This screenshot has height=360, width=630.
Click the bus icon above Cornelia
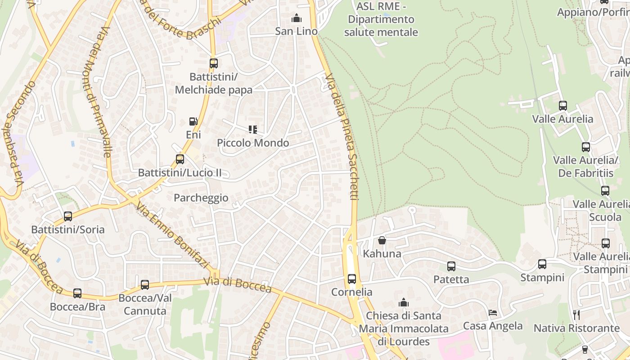click(352, 279)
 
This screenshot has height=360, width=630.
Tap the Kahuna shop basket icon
click(382, 240)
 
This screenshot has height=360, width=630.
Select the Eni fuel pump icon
click(193, 121)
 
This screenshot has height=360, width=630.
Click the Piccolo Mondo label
click(253, 143)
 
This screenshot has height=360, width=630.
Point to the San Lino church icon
click(297, 18)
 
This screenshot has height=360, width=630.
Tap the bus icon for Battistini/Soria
click(68, 216)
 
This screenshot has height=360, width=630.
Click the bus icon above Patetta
click(451, 266)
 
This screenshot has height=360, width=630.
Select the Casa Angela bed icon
click(493, 313)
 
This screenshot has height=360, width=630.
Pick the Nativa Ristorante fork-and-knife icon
click(576, 315)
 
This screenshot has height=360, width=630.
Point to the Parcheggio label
click(201, 198)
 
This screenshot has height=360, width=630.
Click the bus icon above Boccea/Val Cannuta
click(145, 285)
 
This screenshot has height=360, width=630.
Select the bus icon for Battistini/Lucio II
click(180, 159)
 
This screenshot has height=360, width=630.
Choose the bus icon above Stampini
click(542, 264)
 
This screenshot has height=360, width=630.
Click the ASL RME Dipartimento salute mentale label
click(381, 19)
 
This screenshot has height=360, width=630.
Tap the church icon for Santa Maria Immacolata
click(404, 302)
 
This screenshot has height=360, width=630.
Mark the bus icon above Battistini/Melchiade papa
click(214, 63)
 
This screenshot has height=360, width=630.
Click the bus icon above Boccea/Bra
click(77, 293)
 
